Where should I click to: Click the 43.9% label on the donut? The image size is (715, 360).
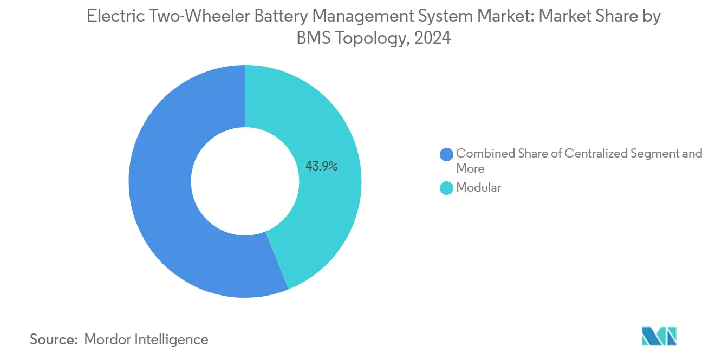[x=321, y=167]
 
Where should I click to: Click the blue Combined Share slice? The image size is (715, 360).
[x=162, y=189]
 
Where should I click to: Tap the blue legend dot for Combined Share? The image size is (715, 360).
[x=447, y=154]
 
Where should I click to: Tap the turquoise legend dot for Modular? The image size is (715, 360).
[x=447, y=188]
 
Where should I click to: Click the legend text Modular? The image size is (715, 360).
[x=479, y=188]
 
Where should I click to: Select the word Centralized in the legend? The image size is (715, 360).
[x=596, y=154]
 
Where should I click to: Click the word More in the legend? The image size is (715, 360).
[x=470, y=168]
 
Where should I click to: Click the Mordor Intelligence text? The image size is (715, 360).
[x=146, y=339]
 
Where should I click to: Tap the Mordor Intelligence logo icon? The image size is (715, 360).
[x=659, y=336]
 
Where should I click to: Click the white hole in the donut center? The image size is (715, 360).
[x=245, y=181]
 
